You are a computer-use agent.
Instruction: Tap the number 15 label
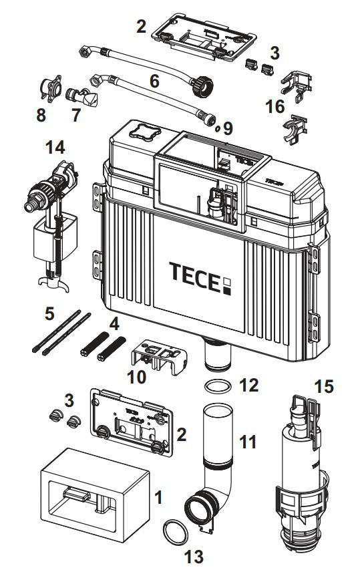click(x=324, y=387)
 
